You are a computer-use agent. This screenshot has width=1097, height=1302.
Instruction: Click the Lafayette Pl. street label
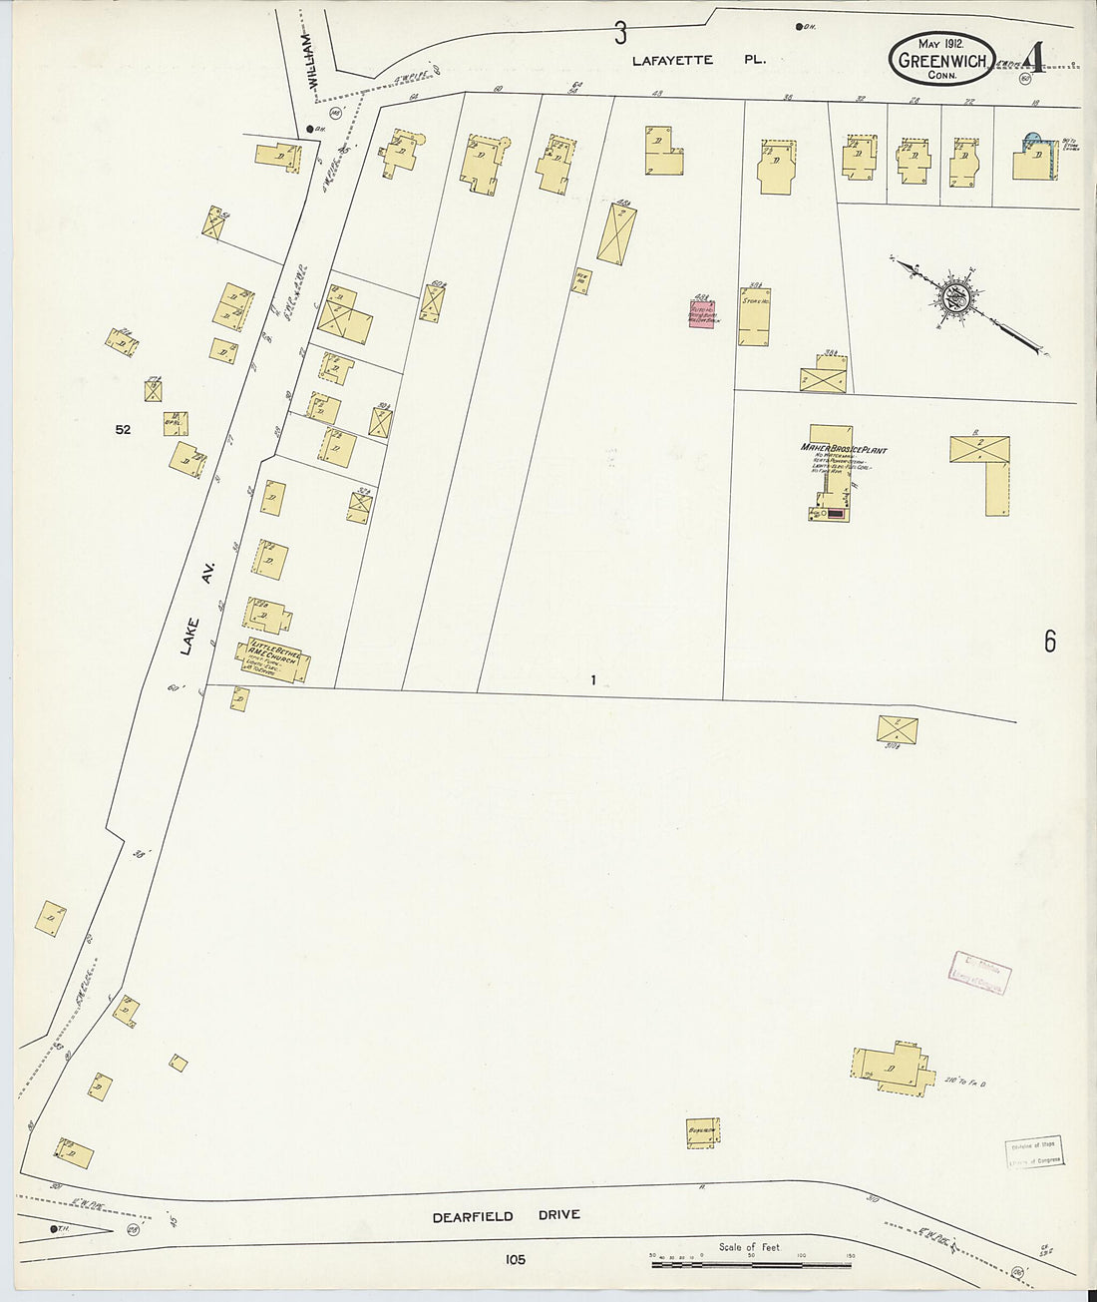699,60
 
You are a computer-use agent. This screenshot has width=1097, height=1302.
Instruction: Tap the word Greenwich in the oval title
941,61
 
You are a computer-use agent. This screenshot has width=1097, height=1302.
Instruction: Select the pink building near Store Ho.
702,314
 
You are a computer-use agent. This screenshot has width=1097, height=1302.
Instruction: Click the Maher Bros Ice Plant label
843,449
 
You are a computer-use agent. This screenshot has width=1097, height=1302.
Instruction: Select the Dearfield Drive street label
506,1216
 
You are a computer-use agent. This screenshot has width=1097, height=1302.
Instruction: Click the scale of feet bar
751,1264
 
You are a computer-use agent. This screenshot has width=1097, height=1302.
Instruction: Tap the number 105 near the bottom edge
515,1260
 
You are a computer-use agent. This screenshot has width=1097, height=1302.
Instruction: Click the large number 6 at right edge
1050,642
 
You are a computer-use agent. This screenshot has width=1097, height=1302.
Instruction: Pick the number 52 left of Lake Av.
123,430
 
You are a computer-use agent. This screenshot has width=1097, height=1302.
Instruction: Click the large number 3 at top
620,34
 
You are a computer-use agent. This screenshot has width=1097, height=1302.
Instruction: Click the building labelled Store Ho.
754,317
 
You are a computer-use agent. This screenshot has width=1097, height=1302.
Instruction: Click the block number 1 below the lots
592,680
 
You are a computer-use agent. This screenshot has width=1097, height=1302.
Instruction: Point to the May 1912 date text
940,43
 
